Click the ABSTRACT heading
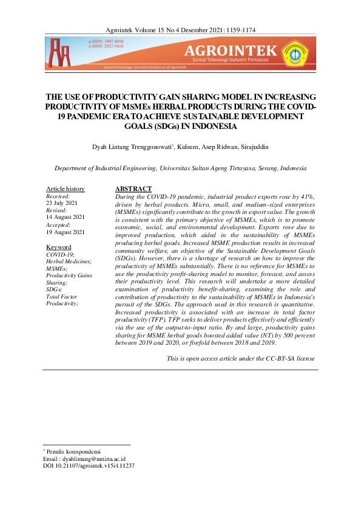[133, 189]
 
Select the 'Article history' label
[66, 189]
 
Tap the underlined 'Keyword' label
[59, 247]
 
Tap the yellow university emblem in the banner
[295, 53]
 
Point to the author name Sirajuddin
[250, 147]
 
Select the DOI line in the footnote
[89, 466]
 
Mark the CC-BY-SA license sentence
[241, 358]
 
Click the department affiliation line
[180, 168]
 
